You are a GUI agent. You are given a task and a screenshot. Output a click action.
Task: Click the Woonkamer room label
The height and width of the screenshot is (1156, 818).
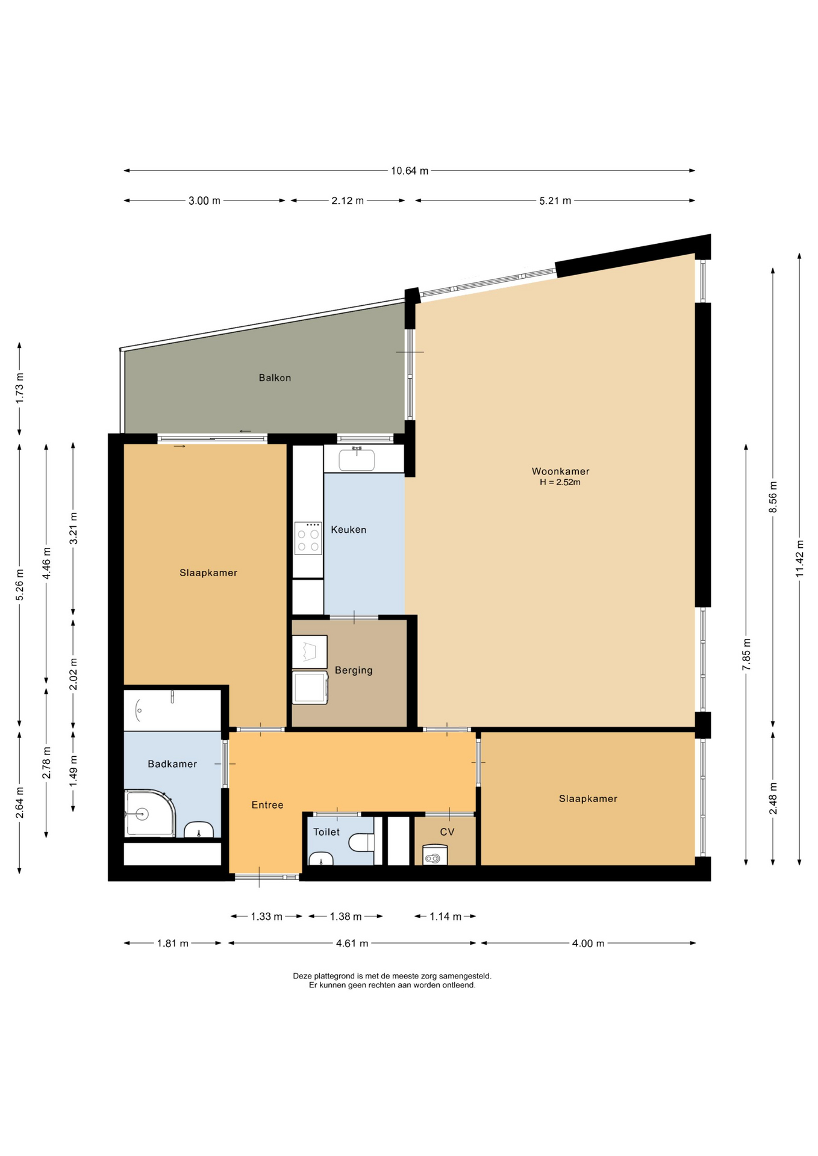pyautogui.click(x=560, y=471)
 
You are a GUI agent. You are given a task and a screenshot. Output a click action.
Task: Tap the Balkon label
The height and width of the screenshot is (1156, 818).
pyautogui.click(x=275, y=378)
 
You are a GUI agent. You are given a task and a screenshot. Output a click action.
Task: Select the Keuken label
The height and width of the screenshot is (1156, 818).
pyautogui.click(x=348, y=530)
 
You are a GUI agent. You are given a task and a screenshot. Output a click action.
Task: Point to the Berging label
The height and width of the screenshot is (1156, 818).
pyautogui.click(x=354, y=670)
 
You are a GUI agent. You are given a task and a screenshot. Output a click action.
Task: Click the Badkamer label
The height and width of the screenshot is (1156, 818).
pyautogui.click(x=172, y=764)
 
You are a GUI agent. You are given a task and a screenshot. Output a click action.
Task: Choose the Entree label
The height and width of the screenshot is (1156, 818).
pyautogui.click(x=267, y=805)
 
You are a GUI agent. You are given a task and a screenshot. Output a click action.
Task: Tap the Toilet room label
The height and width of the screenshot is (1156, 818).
pyautogui.click(x=326, y=832)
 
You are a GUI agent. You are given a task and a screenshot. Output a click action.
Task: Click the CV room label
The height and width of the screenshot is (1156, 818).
pyautogui.click(x=447, y=832)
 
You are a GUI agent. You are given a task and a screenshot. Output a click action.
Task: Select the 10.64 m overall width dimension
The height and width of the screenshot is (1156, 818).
pyautogui.click(x=410, y=171)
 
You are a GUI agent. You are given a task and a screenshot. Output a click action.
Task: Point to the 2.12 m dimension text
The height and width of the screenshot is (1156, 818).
pyautogui.click(x=348, y=201)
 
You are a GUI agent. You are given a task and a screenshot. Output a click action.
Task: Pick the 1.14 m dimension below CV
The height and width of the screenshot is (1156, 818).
pyautogui.click(x=445, y=916)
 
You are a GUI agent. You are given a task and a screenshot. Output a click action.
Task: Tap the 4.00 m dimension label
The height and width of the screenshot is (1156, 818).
pyautogui.click(x=588, y=943)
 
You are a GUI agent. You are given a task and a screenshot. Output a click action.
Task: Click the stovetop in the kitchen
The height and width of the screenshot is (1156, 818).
pyautogui.click(x=308, y=538)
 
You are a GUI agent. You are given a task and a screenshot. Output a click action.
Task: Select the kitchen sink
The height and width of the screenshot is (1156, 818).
pyautogui.click(x=357, y=460)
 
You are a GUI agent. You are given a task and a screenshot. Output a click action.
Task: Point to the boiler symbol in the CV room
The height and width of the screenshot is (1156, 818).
pyautogui.click(x=435, y=855)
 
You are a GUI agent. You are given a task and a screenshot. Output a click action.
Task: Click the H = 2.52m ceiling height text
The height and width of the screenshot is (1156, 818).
pyautogui.click(x=560, y=482)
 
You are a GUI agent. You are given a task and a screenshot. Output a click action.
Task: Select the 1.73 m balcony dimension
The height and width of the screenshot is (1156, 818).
pyautogui.click(x=19, y=388)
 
